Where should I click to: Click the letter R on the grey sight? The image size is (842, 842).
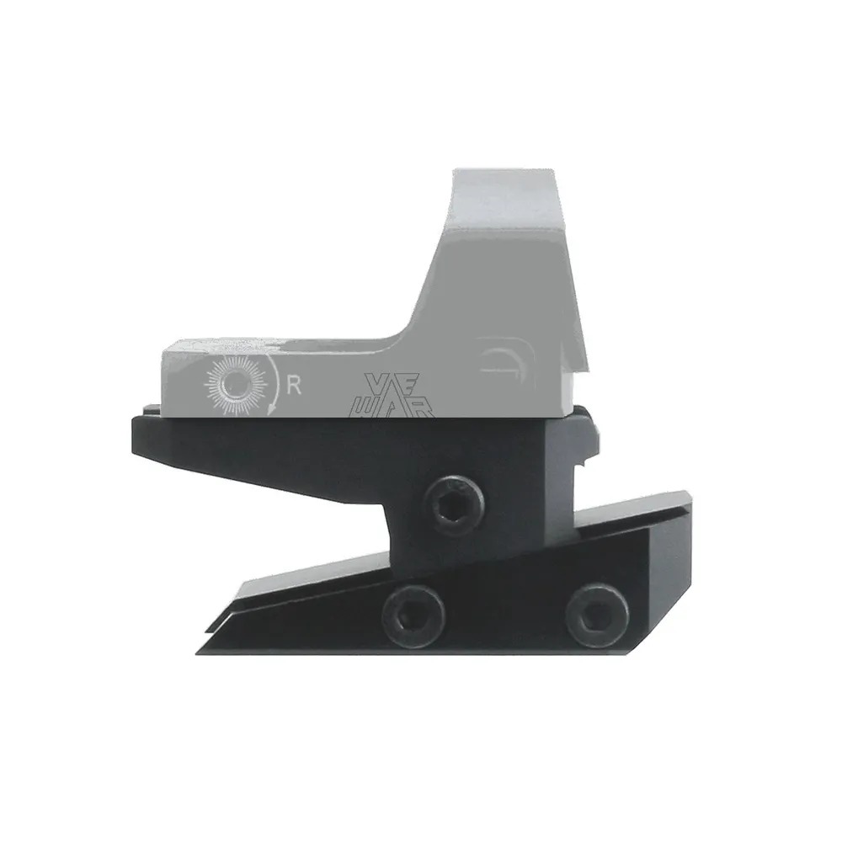pyautogui.click(x=295, y=385)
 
